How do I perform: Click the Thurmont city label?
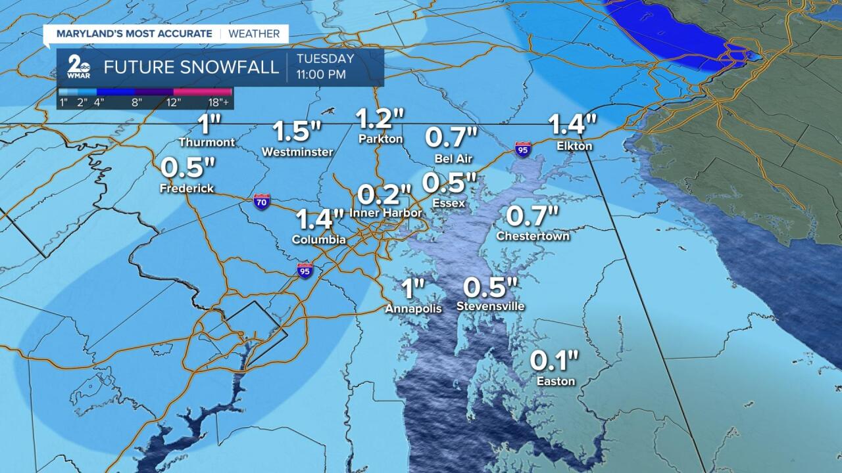[207, 142]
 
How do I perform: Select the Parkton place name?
[380, 139]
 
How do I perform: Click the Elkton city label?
[574, 146]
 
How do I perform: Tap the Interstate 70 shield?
[262, 202]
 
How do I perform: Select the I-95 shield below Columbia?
[305, 270]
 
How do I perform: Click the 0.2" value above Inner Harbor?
[384, 194]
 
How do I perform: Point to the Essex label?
[449, 203]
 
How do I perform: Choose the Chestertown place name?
[533, 235]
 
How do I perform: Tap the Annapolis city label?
[413, 307]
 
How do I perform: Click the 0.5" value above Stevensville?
[491, 287]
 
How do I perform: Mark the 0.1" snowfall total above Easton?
[555, 360]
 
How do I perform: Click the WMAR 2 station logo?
[78, 68]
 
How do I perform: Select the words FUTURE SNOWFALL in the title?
[191, 68]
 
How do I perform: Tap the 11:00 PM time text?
[321, 74]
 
